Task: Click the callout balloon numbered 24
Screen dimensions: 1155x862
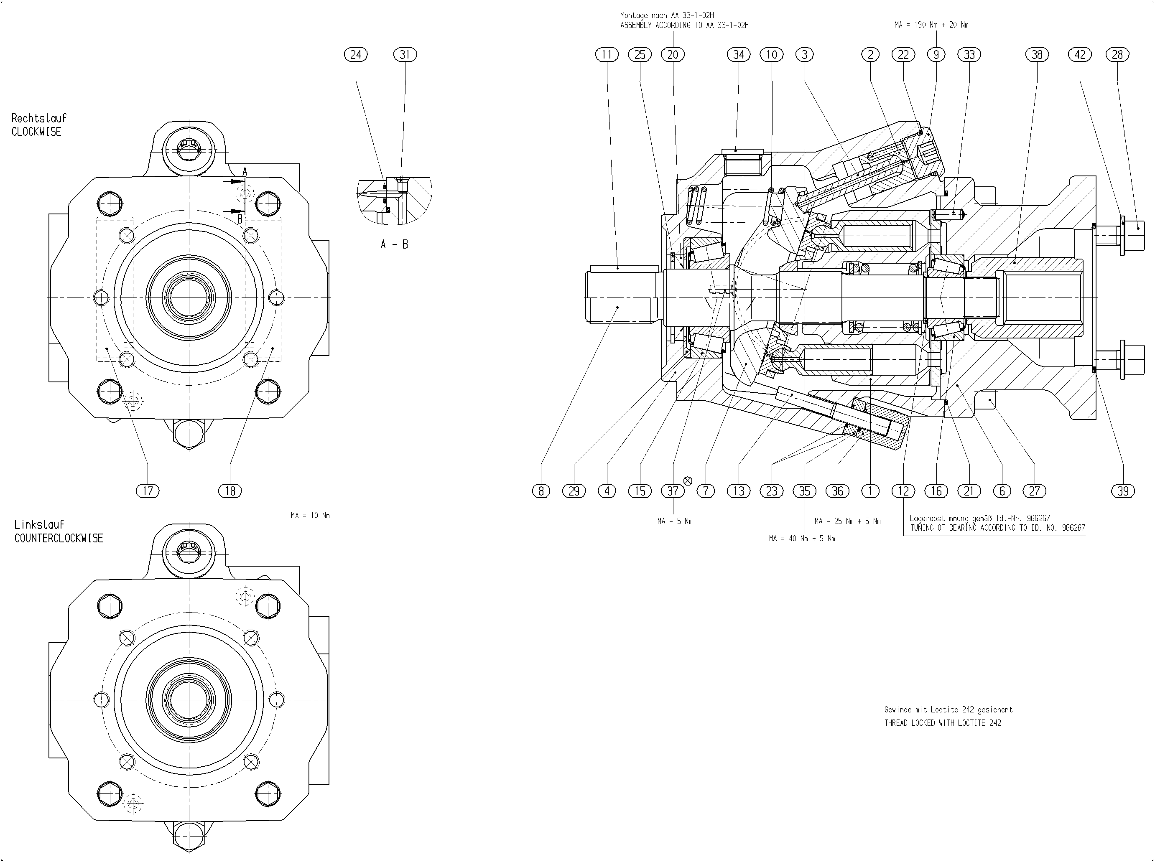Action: (356, 54)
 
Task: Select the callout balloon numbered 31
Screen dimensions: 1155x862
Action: (405, 54)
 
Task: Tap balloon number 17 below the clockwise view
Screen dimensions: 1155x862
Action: (148, 491)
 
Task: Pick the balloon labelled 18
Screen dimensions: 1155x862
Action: (230, 491)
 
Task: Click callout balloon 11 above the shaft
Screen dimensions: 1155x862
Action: (607, 54)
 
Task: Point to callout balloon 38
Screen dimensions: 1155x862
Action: (1037, 54)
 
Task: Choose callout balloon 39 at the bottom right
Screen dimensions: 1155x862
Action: (1123, 491)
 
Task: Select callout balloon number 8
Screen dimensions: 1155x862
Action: (541, 491)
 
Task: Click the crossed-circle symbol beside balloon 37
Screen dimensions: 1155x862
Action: (688, 481)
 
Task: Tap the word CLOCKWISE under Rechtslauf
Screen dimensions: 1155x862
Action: (36, 132)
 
